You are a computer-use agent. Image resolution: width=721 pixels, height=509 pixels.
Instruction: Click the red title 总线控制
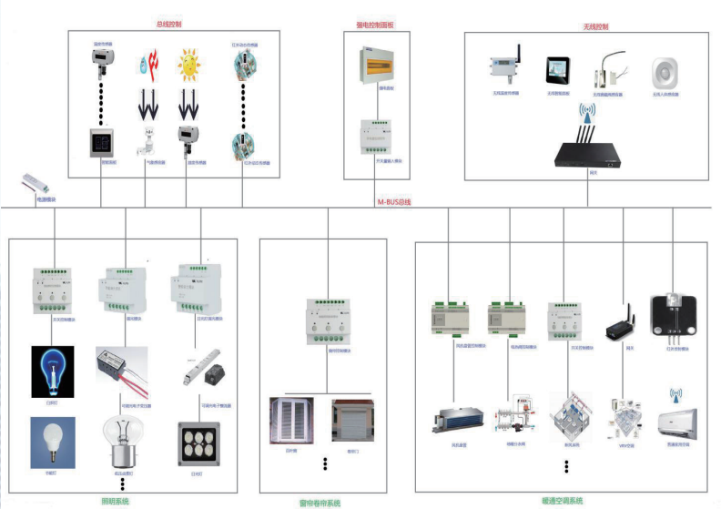[169, 25]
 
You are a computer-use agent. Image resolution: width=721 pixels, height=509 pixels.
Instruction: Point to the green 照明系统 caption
[115, 501]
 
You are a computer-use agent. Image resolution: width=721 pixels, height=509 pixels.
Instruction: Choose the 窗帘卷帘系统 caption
[320, 502]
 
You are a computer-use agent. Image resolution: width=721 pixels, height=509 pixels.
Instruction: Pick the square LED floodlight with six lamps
[198, 443]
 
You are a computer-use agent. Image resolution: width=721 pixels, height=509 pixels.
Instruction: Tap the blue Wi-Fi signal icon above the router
[588, 113]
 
